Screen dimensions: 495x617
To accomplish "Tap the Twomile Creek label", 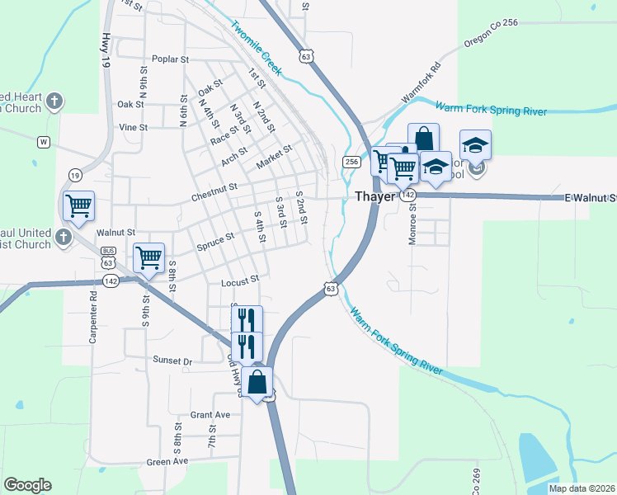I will pos(257,48).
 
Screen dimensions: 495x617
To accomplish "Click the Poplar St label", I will pos(171,59).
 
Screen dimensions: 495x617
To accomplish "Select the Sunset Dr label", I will pos(172,361).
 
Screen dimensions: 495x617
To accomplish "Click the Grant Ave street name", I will pos(210,415).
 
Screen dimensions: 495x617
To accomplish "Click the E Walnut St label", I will pos(590,198).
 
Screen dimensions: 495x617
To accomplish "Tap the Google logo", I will pos(27,485).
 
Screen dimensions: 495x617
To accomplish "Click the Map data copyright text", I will pos(581,488).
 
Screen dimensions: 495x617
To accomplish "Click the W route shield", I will pos(43,142).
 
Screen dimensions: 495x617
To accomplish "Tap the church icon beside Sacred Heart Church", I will pos(54,101).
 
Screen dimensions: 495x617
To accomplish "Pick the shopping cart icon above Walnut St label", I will pos(78,205).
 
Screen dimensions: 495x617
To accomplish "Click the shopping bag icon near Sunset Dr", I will pos(257,381).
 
